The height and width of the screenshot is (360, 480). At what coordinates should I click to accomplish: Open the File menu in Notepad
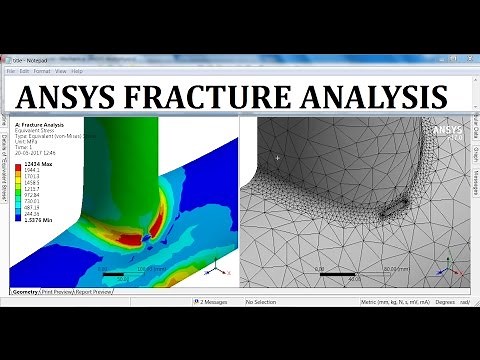tap(11, 71)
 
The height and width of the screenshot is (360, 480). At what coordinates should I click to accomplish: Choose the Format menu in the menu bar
tap(41, 71)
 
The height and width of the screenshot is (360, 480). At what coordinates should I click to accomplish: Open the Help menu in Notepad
tap(76, 71)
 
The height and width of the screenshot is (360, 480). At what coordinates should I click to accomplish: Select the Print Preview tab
tap(65, 291)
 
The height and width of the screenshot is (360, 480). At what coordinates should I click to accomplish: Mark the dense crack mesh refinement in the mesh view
tap(393, 212)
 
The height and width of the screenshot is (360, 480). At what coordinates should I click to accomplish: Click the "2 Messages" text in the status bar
tap(214, 301)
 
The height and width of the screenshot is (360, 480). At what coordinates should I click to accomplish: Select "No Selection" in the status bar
tap(261, 301)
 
